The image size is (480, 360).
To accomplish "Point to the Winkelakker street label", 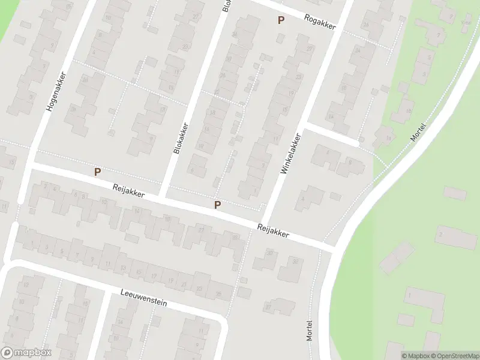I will [x=290, y=154].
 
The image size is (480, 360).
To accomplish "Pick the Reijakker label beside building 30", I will [x=273, y=231].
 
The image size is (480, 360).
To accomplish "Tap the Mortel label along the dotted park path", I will [x=418, y=131].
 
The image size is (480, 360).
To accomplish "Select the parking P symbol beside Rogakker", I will [x=280, y=20].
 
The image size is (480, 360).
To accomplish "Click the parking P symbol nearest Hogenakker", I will [x=97, y=172].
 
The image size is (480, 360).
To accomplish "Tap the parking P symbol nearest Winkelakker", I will [x=218, y=205].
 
